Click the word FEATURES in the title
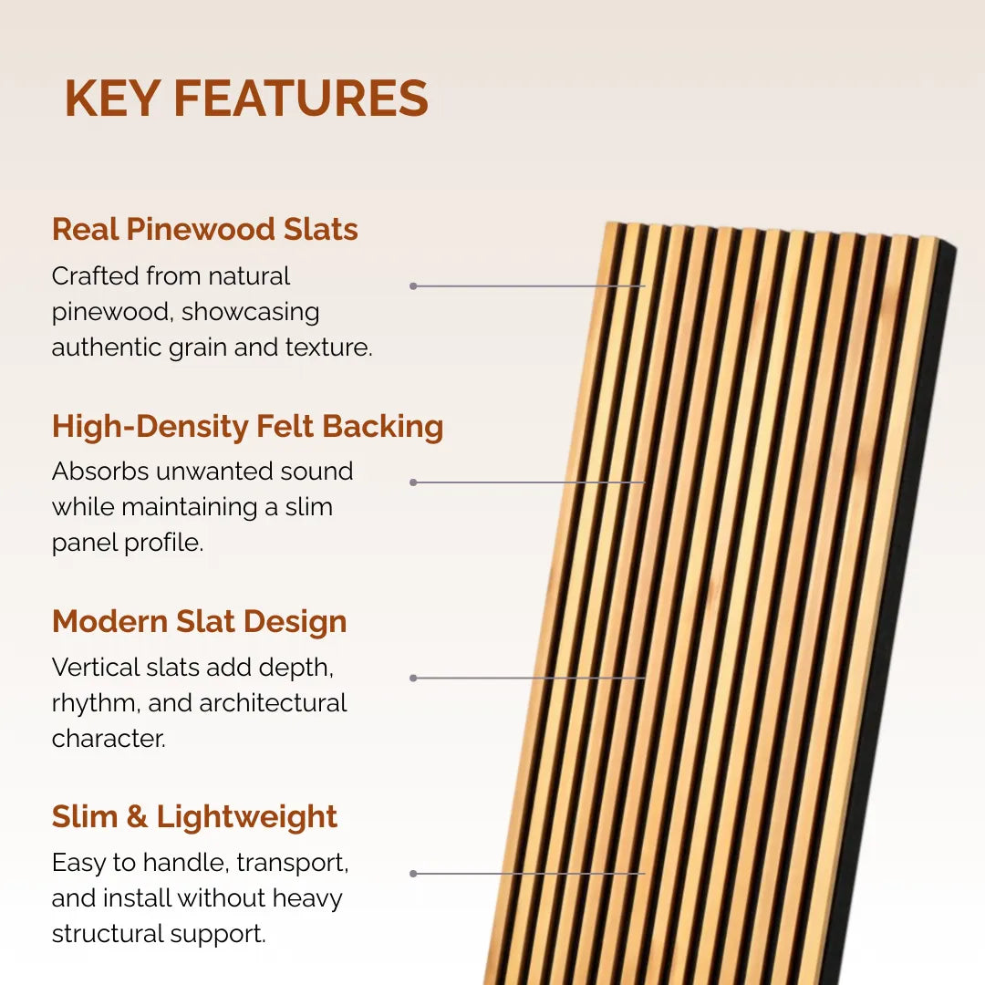click(300, 98)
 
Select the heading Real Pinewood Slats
click(204, 229)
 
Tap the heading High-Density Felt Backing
click(247, 426)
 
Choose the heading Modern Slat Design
click(199, 621)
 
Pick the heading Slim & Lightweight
click(194, 816)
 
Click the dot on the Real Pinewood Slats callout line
click(413, 285)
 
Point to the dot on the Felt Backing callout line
click(413, 482)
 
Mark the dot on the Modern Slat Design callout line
click(413, 678)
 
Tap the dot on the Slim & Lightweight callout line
click(413, 873)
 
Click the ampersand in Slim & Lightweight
click(136, 817)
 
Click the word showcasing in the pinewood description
click(250, 312)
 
